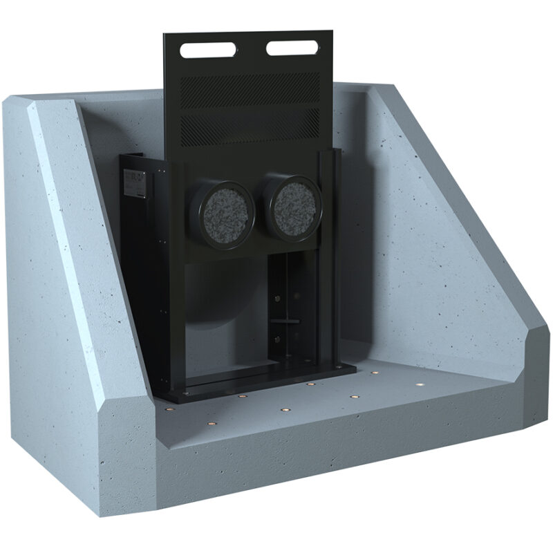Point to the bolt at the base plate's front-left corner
[185, 393]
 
